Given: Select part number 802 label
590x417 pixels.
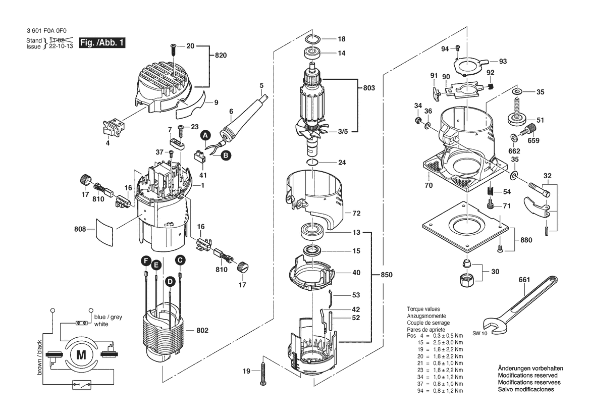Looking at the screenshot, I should (202, 330).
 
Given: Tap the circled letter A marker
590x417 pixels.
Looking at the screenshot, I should (205, 135).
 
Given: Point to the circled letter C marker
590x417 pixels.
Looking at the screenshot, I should (180, 260).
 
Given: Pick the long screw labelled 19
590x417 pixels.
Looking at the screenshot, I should (263, 372).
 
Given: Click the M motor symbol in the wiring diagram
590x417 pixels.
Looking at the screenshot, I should (81, 355).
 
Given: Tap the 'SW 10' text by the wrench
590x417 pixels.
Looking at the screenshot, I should (480, 334).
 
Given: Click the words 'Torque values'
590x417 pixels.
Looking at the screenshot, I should (423, 309).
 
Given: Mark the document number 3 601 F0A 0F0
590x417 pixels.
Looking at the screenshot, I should (47, 30).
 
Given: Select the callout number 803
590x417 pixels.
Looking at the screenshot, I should (369, 88).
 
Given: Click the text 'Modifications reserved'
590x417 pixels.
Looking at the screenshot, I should (527, 376).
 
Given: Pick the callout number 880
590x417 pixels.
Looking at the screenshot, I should (527, 240).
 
